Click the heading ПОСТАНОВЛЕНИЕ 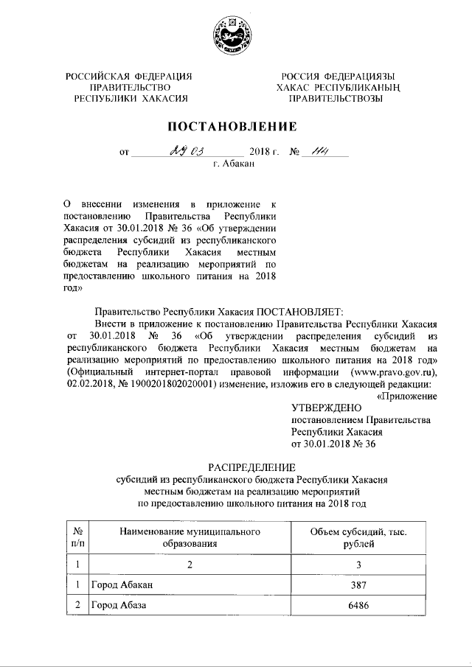click(x=235, y=126)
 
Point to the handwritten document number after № click(x=319, y=152)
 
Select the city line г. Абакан click(x=235, y=164)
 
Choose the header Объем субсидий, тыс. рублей click(x=358, y=537)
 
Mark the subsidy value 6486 click(x=358, y=606)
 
